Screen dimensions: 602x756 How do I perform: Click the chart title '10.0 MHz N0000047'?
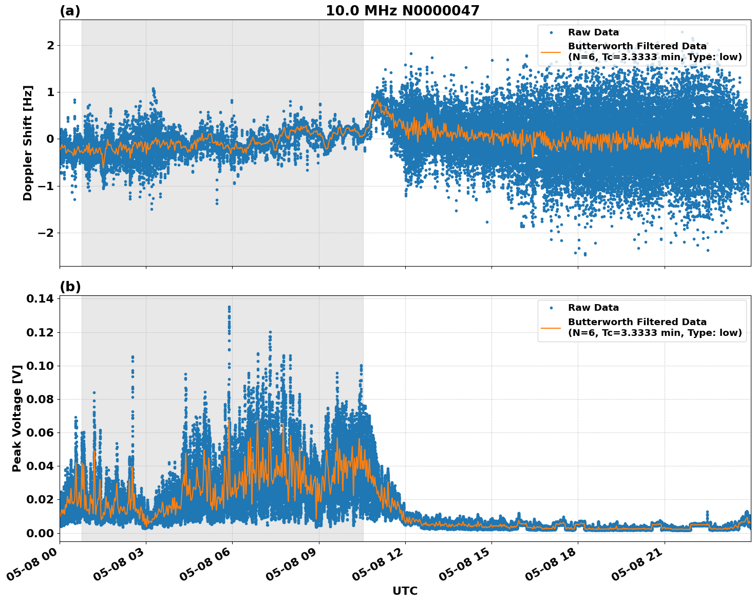[x=402, y=11]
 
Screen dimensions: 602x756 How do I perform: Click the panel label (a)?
[x=70, y=11]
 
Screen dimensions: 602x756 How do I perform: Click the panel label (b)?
[x=70, y=287]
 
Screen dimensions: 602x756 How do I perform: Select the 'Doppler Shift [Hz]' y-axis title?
[x=28, y=143]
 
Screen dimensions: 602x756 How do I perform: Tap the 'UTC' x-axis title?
[x=405, y=591]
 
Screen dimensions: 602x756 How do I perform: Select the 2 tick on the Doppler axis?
[x=50, y=45]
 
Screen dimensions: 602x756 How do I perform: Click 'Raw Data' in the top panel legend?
[x=593, y=32]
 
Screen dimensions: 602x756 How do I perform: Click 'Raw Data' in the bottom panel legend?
[x=593, y=308]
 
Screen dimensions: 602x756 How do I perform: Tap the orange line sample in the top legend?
[x=551, y=51]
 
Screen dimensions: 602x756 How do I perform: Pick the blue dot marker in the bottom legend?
[x=551, y=308]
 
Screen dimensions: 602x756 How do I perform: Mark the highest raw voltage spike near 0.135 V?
[x=229, y=307]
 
